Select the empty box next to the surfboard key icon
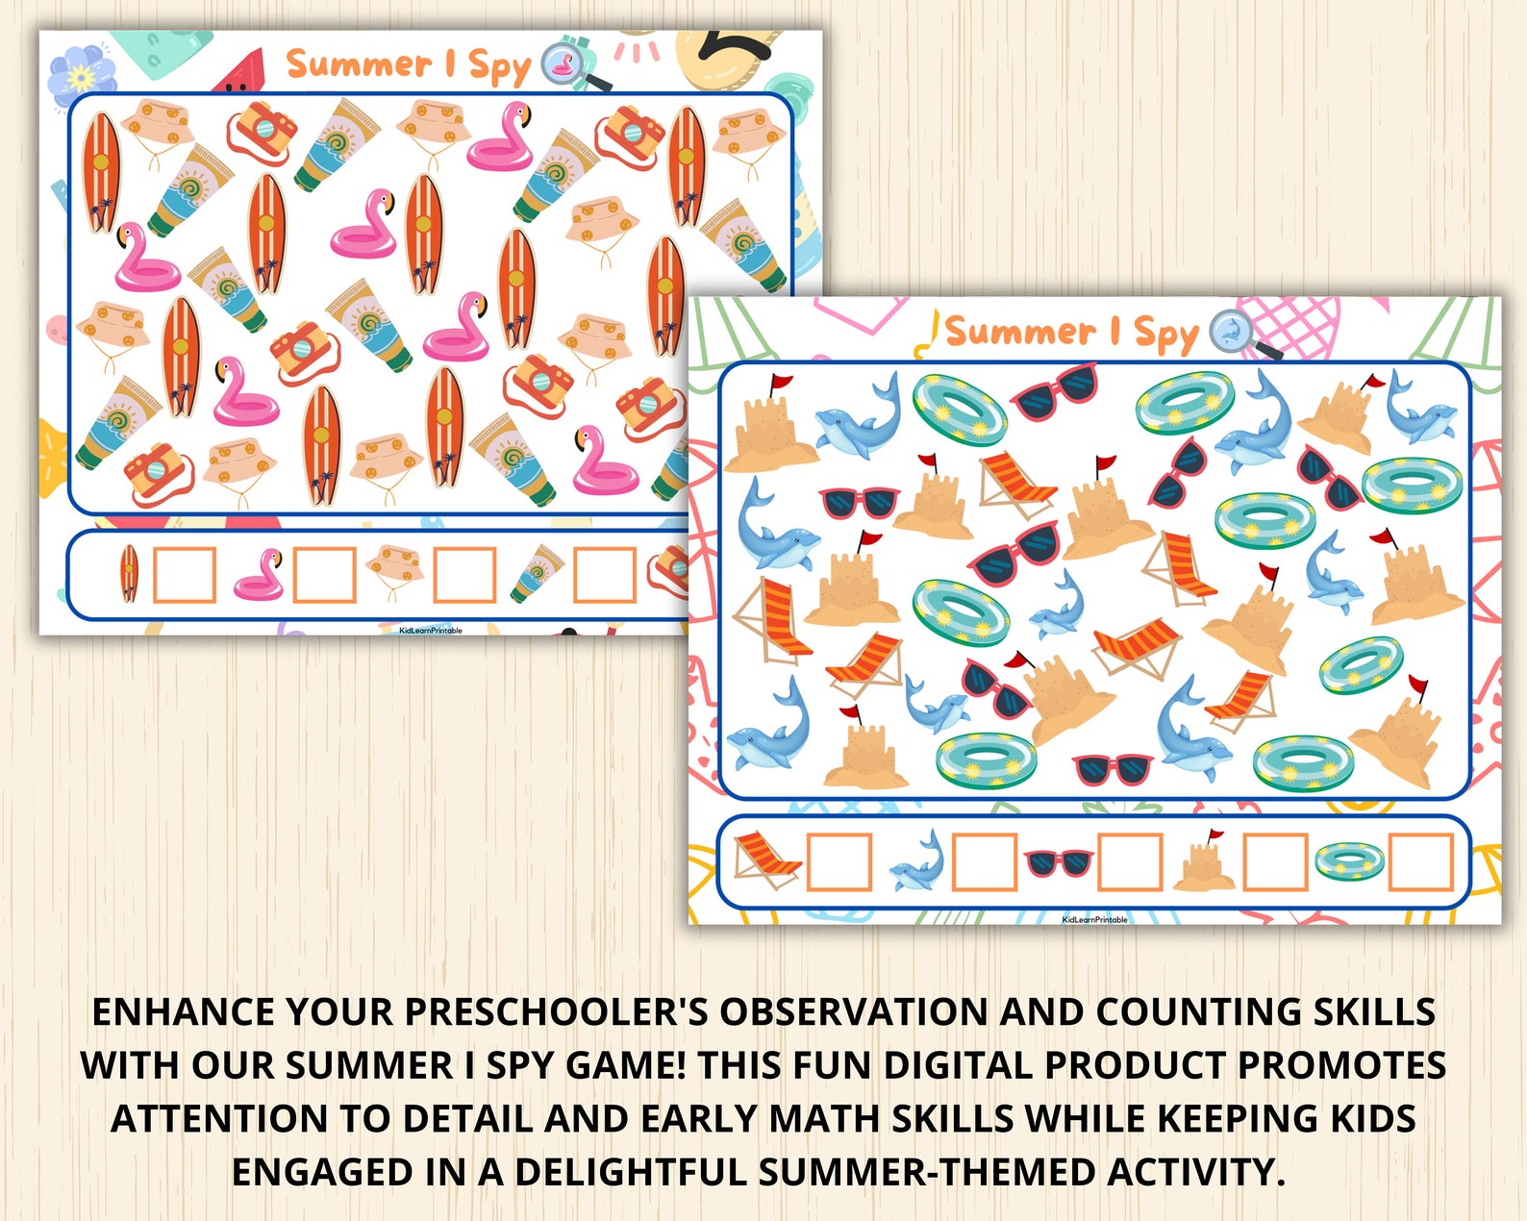(184, 574)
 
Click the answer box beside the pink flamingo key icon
(324, 574)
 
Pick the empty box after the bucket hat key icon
(464, 574)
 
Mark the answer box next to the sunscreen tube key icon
(605, 574)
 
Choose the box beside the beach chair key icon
(839, 861)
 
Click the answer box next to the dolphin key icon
(985, 861)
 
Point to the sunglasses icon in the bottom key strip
(1058, 862)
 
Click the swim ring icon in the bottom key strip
(1349, 860)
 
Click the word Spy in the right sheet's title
(1165, 334)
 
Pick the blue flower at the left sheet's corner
(81, 74)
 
